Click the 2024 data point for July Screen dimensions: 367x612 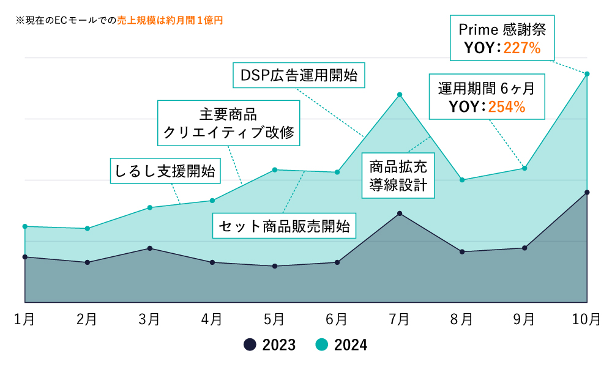click(x=400, y=95)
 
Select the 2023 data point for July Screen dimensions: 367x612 click(x=400, y=213)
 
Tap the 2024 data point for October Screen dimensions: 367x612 click(x=587, y=74)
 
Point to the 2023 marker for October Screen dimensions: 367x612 click(x=587, y=193)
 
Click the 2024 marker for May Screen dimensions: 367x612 click(x=275, y=170)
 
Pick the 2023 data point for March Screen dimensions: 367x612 click(x=150, y=248)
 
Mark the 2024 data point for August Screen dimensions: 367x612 click(x=462, y=180)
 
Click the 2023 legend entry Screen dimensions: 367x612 click(x=270, y=345)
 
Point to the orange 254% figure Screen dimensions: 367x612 click(x=507, y=107)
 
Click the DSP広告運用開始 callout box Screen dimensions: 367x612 click(x=299, y=76)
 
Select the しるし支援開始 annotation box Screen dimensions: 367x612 click(x=166, y=172)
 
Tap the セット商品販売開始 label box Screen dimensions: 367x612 click(x=285, y=226)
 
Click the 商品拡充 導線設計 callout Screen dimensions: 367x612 click(x=398, y=176)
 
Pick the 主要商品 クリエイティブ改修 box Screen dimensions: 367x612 click(x=229, y=123)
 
